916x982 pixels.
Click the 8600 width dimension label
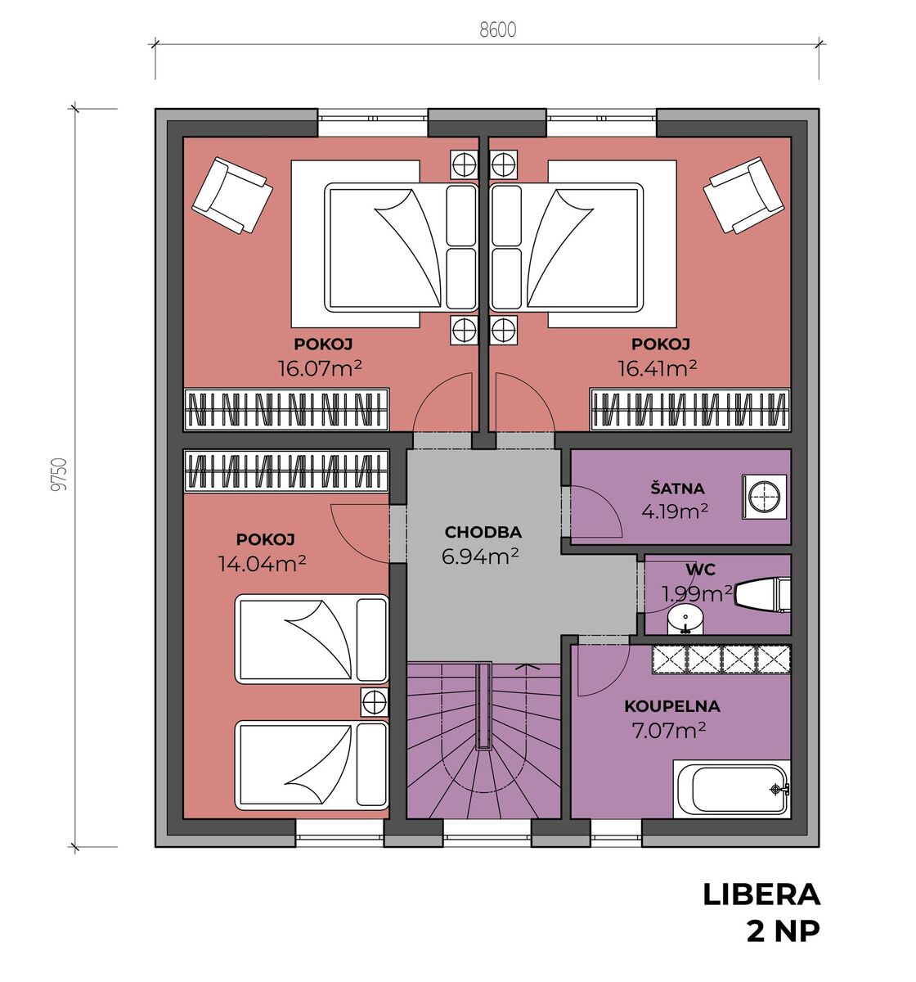coord(497,30)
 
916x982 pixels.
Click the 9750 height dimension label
coord(60,475)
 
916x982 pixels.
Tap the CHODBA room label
coord(483,532)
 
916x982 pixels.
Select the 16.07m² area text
coord(320,368)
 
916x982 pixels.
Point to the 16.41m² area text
coord(657,368)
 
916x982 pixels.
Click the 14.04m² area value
coord(262,563)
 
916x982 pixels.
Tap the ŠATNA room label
coord(676,489)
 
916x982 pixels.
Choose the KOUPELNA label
coord(671,706)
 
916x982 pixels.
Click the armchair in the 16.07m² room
coord(231,195)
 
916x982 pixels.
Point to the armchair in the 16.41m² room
coord(743,195)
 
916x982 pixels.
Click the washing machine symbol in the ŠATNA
coord(764,497)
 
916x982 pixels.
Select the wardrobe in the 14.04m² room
coord(286,471)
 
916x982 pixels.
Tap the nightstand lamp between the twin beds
coord(375,701)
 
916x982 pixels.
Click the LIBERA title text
coord(761,895)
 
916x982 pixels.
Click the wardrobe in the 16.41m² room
coord(689,410)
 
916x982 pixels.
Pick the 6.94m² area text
coord(479,556)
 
